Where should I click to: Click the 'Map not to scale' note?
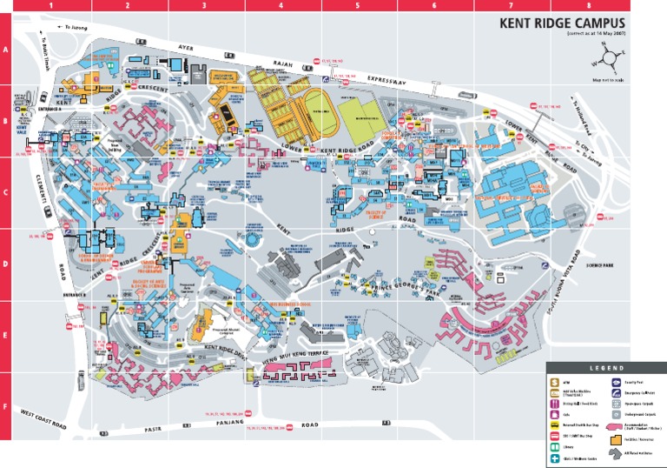tap(607, 81)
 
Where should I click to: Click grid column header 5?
tap(358, 5)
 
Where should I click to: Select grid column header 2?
tap(128, 5)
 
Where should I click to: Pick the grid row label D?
tap(5, 264)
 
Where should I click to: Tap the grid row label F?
tap(5, 406)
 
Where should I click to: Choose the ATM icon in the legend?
tap(553, 382)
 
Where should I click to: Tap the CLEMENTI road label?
tap(41, 184)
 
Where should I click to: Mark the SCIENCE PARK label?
tap(599, 265)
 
